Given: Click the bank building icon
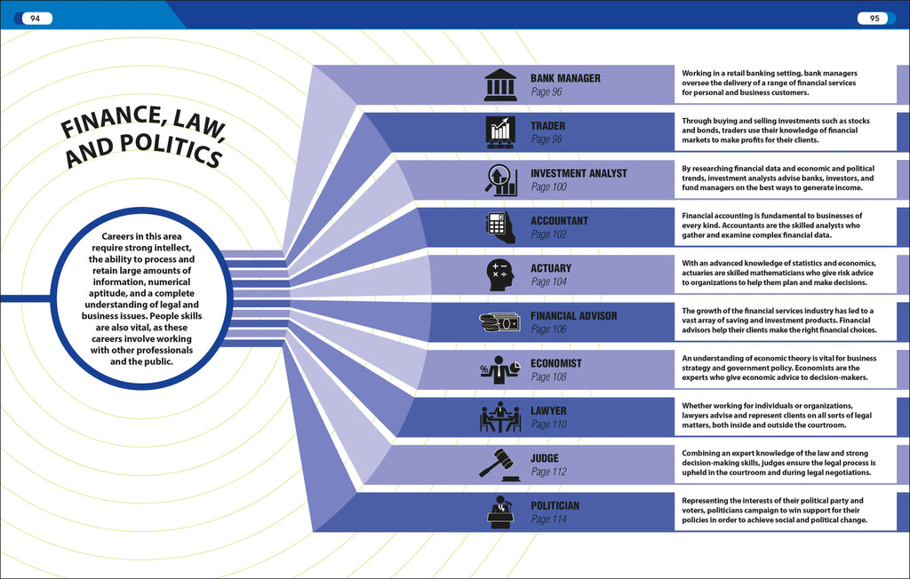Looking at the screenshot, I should click(x=500, y=84).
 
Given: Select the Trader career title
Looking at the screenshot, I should click(x=547, y=126).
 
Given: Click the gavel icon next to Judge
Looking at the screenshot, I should click(x=498, y=464).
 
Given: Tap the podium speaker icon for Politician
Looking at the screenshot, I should click(x=500, y=512).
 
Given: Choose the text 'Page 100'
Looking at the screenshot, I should click(x=548, y=187).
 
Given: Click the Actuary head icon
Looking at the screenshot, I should click(x=500, y=274).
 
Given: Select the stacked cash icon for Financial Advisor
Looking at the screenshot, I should click(x=499, y=322).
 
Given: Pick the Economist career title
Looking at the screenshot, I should click(x=556, y=363).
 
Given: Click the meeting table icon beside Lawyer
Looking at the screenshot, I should click(x=500, y=417).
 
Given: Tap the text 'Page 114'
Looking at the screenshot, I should click(x=548, y=520).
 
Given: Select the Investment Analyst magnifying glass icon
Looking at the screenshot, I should click(x=500, y=179).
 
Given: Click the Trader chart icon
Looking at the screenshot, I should click(x=500, y=131).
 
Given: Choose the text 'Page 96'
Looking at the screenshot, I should click(x=547, y=91).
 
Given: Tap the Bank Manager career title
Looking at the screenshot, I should click(x=565, y=78).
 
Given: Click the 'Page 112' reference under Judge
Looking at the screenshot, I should click(x=548, y=472).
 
